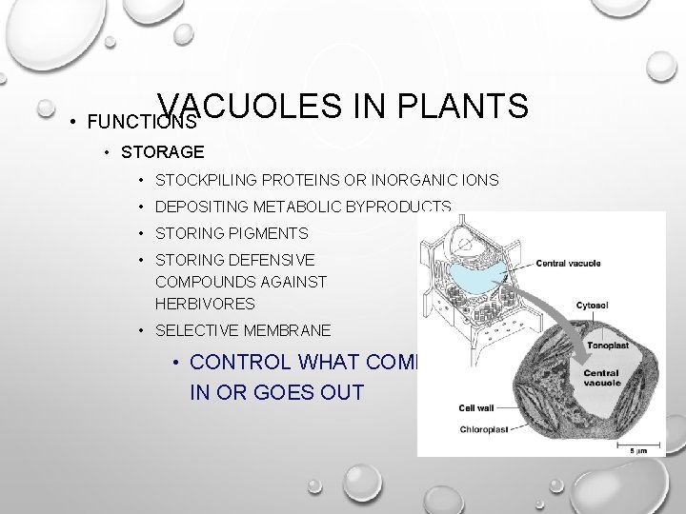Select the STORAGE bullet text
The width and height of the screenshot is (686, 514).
pyautogui.click(x=161, y=152)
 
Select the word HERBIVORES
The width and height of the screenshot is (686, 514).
pyautogui.click(x=205, y=304)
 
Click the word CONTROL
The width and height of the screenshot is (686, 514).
pyautogui.click(x=240, y=363)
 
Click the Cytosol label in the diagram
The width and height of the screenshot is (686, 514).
pyautogui.click(x=593, y=306)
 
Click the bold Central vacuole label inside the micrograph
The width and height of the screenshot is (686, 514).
pyautogui.click(x=601, y=378)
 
